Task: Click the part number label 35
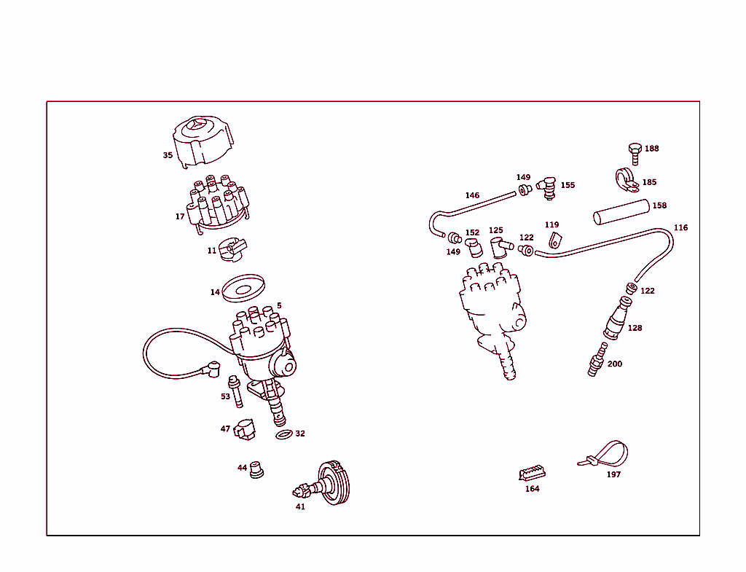(168, 155)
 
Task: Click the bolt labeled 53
(236, 391)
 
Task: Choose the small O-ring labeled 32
(283, 435)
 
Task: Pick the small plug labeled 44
(256, 470)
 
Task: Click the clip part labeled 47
(245, 430)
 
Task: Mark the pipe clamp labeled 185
(625, 180)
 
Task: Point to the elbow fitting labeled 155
(546, 187)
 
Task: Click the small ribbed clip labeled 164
(532, 474)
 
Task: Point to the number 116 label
(680, 227)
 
